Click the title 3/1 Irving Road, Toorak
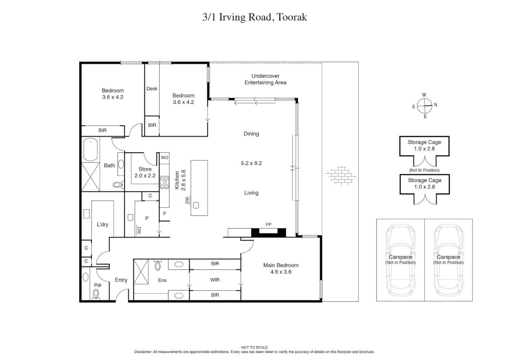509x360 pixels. [254, 17]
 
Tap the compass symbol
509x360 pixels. [424, 106]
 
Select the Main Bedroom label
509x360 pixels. [281, 265]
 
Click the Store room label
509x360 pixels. [145, 169]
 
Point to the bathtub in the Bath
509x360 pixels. [90, 150]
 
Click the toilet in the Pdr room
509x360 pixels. [96, 294]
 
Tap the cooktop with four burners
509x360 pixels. [164, 182]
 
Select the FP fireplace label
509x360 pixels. [268, 225]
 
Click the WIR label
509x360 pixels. [215, 280]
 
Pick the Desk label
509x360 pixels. [152, 88]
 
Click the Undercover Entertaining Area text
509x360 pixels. [265, 79]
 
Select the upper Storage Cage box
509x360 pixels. [424, 146]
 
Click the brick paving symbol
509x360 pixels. [340, 175]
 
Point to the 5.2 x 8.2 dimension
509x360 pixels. [251, 163]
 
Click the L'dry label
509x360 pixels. [102, 224]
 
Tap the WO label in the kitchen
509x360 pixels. [164, 157]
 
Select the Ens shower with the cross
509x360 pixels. [141, 272]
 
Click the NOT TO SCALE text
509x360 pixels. [254, 347]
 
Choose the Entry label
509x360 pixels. [121, 280]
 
